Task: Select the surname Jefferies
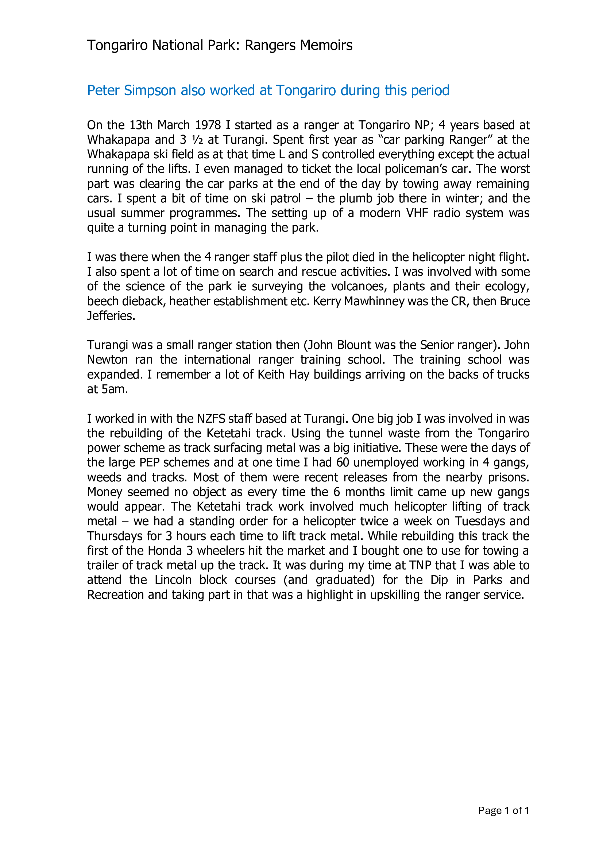click(111, 316)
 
